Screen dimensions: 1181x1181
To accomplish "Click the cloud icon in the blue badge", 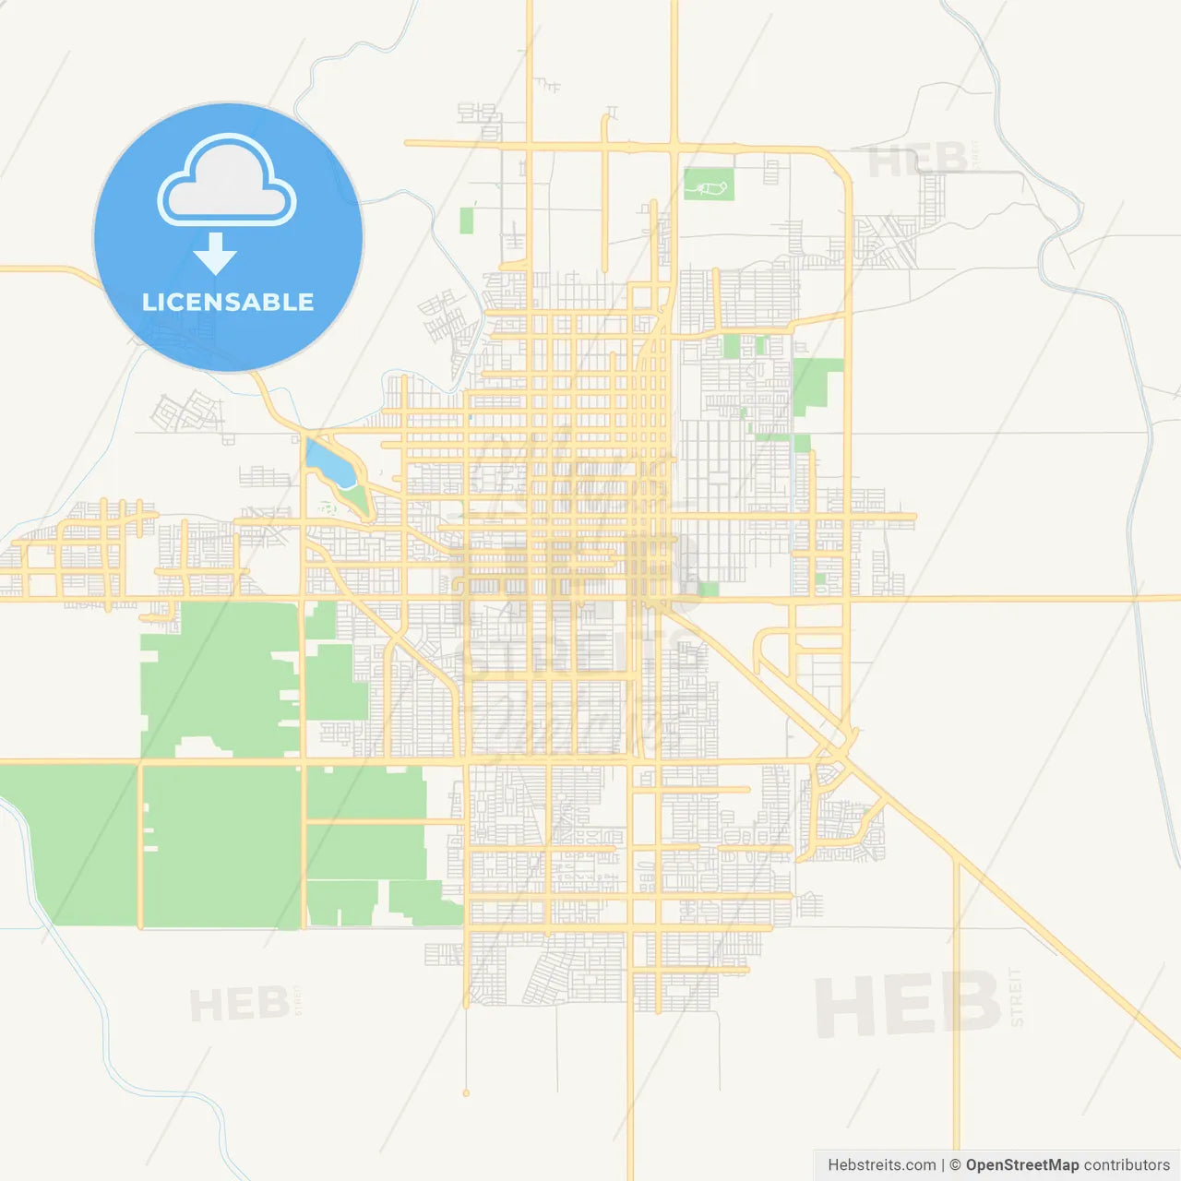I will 227,180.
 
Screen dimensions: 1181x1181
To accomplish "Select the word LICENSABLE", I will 228,302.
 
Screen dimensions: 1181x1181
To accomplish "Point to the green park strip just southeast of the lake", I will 356,499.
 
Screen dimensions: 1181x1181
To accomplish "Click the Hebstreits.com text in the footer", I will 881,1165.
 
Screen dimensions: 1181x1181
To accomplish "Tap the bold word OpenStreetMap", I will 1021,1165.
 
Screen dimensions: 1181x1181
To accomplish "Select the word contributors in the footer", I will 1127,1165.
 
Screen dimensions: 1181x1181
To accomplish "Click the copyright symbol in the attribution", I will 955,1165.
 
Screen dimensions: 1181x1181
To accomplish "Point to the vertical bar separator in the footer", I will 943,1165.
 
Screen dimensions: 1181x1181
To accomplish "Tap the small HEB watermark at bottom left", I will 239,1005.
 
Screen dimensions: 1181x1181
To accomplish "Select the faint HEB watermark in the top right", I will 917,161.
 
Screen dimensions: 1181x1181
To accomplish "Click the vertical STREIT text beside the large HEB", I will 1017,997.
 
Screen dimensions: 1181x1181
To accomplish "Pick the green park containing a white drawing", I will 709,185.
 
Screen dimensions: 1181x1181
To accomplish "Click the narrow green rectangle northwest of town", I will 466,221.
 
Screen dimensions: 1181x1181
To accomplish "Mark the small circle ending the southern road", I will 466,1093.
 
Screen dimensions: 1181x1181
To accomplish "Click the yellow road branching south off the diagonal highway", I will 957,1015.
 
